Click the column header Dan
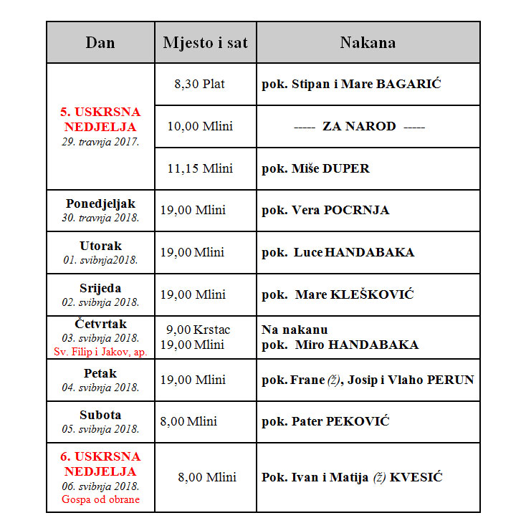point(100,42)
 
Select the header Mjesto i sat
point(205,42)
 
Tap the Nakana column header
point(368,42)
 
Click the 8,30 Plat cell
point(199,84)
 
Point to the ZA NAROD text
point(359,126)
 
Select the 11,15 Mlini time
point(201,168)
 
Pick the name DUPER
point(345,168)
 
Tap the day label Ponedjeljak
point(100,203)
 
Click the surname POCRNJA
point(357,210)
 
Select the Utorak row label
point(100,246)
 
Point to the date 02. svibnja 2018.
point(100,302)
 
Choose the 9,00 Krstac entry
point(198,330)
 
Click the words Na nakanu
point(295,330)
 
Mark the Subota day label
point(100,415)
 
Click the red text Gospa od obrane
point(100,499)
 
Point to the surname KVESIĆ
point(416,477)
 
